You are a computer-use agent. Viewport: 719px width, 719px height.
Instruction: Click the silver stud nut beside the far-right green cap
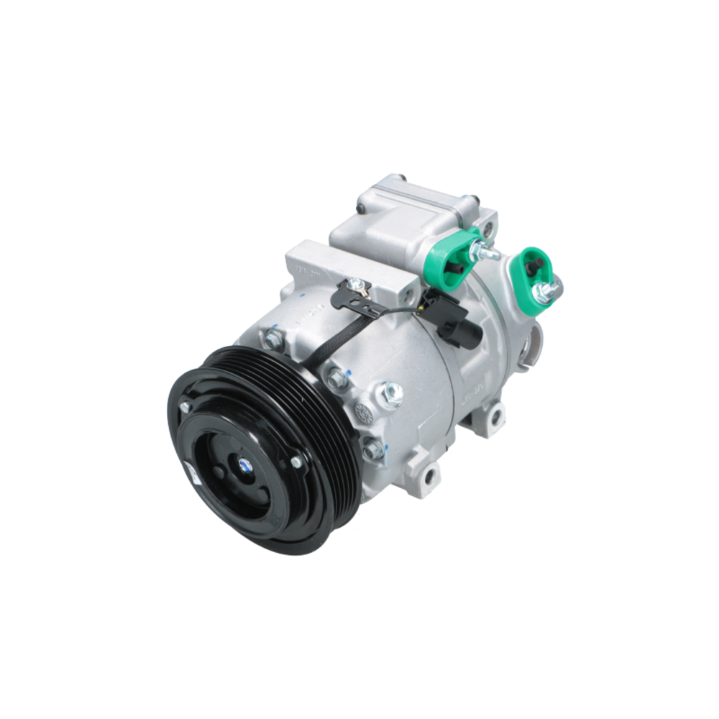click(548, 290)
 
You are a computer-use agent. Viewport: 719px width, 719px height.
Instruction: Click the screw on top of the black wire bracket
click(355, 286)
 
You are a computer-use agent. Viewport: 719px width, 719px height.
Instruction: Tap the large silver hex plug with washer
click(389, 394)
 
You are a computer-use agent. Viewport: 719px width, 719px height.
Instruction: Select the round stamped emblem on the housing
click(364, 413)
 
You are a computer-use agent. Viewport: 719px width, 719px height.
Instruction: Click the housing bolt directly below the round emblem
click(372, 449)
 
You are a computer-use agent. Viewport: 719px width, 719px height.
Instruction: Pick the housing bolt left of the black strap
click(273, 338)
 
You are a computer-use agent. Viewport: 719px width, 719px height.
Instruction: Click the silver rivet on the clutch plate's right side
click(296, 461)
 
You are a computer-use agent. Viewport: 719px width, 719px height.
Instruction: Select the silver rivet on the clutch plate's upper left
click(186, 408)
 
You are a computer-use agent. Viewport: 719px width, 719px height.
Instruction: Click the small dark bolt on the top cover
click(361, 209)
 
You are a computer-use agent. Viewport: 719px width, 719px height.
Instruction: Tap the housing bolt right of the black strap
click(335, 377)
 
